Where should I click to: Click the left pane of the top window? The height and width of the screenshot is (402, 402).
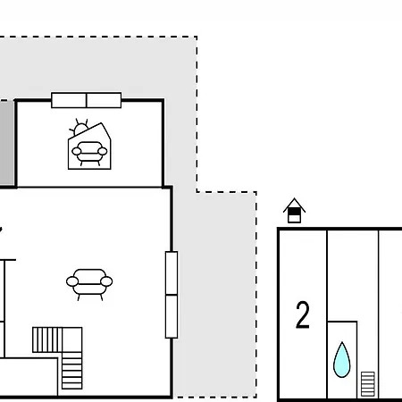pos(69,100)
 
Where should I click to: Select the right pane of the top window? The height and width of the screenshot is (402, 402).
pos(104,100)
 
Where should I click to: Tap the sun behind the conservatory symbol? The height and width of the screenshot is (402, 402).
pos(79,128)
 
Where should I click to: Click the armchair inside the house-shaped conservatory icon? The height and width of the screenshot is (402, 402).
pos(89,153)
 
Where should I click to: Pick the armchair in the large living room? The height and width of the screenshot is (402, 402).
pos(89,284)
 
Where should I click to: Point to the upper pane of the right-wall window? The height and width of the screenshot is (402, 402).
pos(172,273)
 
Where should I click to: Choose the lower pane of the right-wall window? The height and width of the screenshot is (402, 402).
pos(172,316)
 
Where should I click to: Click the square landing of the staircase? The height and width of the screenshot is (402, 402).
pos(72,339)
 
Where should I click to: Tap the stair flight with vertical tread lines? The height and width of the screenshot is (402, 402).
pos(47,339)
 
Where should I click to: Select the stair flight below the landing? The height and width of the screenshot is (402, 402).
pos(72,371)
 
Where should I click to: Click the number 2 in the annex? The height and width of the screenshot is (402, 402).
pos(303,315)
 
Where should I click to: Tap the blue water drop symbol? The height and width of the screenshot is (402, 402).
pos(342,360)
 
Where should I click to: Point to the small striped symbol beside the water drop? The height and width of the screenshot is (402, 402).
pos(368,384)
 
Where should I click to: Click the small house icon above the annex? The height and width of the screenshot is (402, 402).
pos(294,211)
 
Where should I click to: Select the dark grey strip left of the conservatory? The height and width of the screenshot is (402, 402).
pos(7,143)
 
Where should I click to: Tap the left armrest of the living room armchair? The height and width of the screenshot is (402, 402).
pos(72,281)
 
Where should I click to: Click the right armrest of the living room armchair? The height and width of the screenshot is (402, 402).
pos(106,281)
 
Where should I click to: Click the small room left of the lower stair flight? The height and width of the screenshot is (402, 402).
pos(29,377)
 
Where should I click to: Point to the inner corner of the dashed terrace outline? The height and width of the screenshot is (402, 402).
pos(197,192)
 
